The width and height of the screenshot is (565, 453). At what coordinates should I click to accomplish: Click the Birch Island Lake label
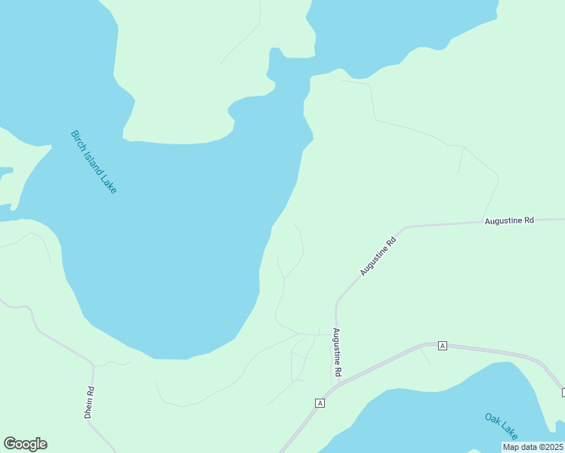[x=94, y=162]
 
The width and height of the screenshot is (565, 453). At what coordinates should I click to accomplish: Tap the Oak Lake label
[x=502, y=427]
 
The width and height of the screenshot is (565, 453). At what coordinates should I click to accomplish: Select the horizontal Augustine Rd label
[x=509, y=220]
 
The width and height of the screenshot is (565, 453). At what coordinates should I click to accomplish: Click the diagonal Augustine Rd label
[x=378, y=257]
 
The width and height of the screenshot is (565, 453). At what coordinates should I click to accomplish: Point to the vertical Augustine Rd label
[x=337, y=353]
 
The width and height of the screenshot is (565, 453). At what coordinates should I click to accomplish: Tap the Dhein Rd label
[x=88, y=402]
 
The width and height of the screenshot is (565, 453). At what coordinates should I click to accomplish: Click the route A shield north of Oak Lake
[x=443, y=345]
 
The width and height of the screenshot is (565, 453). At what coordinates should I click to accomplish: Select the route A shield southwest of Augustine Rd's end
[x=320, y=403]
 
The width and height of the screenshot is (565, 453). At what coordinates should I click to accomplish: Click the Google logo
[x=25, y=444]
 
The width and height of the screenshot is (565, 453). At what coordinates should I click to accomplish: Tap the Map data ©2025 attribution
[x=533, y=447]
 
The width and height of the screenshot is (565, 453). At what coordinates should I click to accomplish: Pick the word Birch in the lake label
[x=77, y=137]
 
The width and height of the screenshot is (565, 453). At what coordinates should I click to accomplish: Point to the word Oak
[x=492, y=419]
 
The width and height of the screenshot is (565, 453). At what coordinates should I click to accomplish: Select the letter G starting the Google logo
[x=10, y=444]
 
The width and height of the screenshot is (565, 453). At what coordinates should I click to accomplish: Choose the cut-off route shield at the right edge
[x=563, y=392]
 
